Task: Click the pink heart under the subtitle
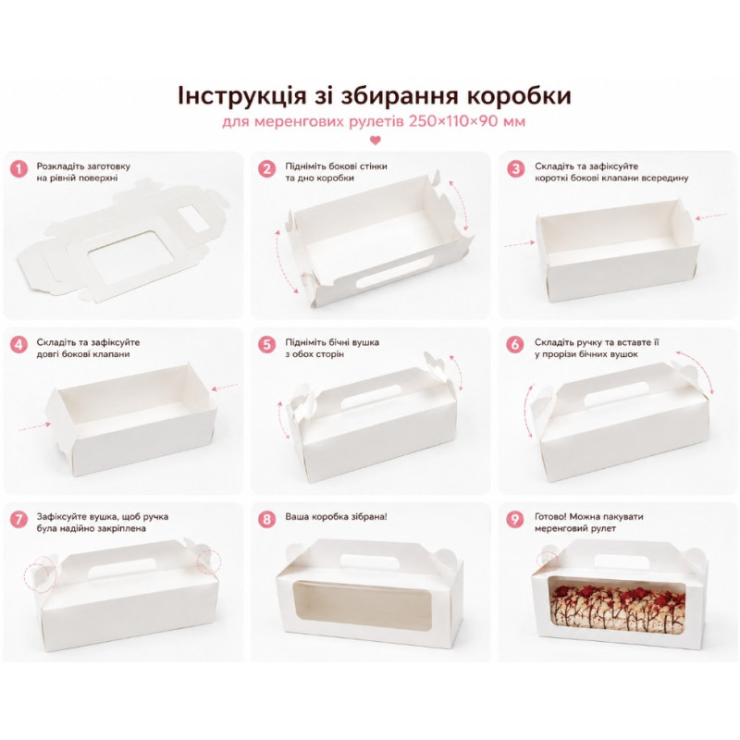tap(376, 141)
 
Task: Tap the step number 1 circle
tap(18, 168)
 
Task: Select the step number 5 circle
tap(267, 344)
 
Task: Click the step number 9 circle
tap(515, 519)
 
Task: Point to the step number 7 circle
tap(18, 519)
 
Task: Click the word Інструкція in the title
tap(241, 95)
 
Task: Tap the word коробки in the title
tap(519, 96)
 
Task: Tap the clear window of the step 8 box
tap(363, 607)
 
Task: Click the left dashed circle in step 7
tap(41, 573)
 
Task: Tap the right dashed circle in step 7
tap(209, 560)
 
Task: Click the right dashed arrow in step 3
tap(711, 216)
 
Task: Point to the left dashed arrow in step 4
tap(34, 426)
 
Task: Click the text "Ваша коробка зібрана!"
tap(336, 517)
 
